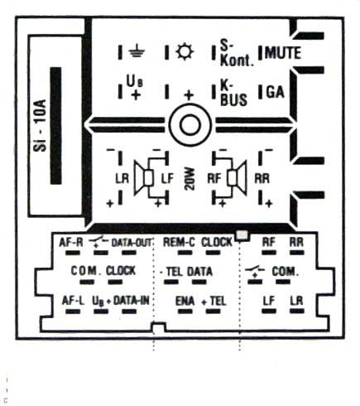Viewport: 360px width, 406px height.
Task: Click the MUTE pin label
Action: tap(283, 53)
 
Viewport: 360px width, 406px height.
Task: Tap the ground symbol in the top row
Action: tap(137, 51)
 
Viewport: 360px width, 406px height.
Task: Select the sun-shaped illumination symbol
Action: tap(185, 51)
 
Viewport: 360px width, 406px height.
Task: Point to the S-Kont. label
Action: tap(237, 53)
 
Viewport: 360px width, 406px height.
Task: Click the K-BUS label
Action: tap(233, 94)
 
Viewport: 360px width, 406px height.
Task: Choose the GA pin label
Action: tap(275, 92)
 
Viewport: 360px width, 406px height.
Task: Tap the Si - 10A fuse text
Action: tap(40, 125)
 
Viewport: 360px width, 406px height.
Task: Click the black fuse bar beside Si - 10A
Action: tap(55, 125)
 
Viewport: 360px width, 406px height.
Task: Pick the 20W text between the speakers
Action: tap(190, 179)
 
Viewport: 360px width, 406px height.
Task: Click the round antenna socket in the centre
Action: tap(190, 125)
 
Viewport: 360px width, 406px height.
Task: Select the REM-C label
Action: tap(179, 242)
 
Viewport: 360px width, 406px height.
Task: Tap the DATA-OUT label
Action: tap(132, 243)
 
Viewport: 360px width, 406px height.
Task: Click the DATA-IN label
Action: tap(132, 300)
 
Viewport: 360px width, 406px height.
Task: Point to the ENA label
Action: tap(185, 301)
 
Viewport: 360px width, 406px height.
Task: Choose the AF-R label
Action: tap(71, 242)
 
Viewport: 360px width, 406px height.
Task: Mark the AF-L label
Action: tap(73, 300)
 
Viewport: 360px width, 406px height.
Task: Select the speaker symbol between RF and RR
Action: tap(237, 178)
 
